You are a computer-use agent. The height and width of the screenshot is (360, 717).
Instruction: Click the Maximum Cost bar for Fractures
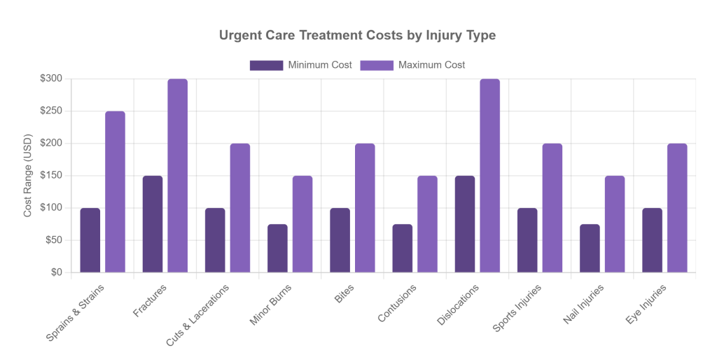(177, 175)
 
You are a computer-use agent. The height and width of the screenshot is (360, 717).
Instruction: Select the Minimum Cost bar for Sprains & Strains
(90, 240)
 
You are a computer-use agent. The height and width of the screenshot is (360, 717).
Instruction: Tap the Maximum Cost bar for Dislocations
(489, 175)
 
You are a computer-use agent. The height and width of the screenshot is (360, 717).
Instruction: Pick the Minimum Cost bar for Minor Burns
(277, 248)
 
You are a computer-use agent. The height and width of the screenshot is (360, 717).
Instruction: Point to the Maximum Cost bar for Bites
(365, 207)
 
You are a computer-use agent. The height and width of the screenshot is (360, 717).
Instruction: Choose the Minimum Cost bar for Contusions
(402, 248)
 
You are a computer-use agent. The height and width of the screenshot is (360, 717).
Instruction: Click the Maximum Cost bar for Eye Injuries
(677, 207)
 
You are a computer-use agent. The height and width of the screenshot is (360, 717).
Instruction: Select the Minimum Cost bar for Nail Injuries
(590, 248)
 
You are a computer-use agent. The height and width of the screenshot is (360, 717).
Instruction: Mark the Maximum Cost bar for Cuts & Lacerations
(239, 207)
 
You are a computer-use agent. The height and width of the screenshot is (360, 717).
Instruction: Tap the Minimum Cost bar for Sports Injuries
(527, 240)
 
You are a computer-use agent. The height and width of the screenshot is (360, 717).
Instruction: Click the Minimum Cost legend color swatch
(266, 65)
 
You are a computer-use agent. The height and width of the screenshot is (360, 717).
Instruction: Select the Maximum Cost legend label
(431, 65)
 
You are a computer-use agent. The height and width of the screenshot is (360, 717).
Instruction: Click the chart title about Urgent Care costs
(358, 35)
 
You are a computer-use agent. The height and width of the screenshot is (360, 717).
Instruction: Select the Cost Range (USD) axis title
(28, 176)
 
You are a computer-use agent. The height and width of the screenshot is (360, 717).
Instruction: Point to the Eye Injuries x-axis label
(648, 304)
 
